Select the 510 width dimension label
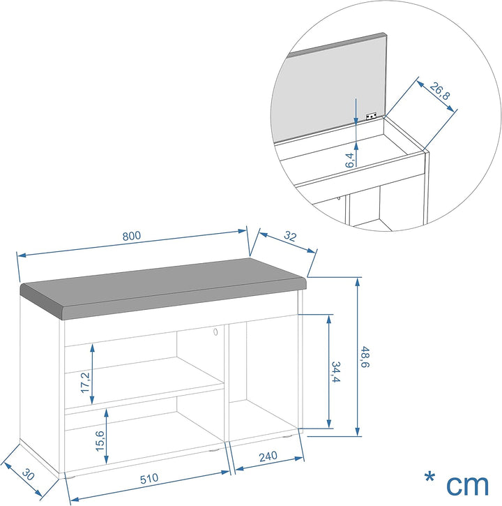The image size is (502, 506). [149, 479]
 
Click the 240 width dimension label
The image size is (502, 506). [268, 457]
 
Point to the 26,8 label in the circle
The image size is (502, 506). [437, 91]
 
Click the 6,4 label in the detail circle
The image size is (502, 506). [349, 159]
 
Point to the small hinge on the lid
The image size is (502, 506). [372, 117]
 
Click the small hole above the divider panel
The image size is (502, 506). [216, 333]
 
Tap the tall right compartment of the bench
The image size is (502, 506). [264, 377]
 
